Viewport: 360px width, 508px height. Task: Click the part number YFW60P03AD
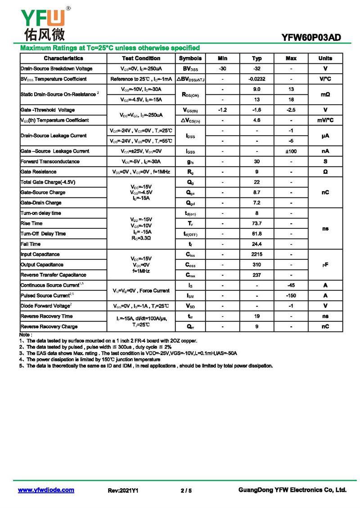point(311,38)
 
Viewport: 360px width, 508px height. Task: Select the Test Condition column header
point(141,58)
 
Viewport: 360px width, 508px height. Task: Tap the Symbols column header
point(190,58)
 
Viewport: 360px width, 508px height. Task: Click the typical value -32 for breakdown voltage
point(257,69)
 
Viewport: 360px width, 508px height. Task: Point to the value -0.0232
point(257,79)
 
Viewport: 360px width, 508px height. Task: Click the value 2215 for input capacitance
point(257,254)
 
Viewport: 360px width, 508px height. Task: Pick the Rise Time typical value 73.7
point(257,223)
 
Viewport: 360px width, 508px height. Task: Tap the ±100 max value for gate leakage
point(291,152)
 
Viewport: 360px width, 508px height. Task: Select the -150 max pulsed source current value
point(291,296)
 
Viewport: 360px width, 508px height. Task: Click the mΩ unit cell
point(325,94)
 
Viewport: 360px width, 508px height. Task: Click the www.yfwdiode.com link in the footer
point(46,490)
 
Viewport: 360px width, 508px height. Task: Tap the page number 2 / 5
point(186,490)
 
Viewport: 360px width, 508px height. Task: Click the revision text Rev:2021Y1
point(123,490)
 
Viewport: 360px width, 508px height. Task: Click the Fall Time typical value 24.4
point(257,244)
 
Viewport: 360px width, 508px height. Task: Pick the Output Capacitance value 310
point(257,265)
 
